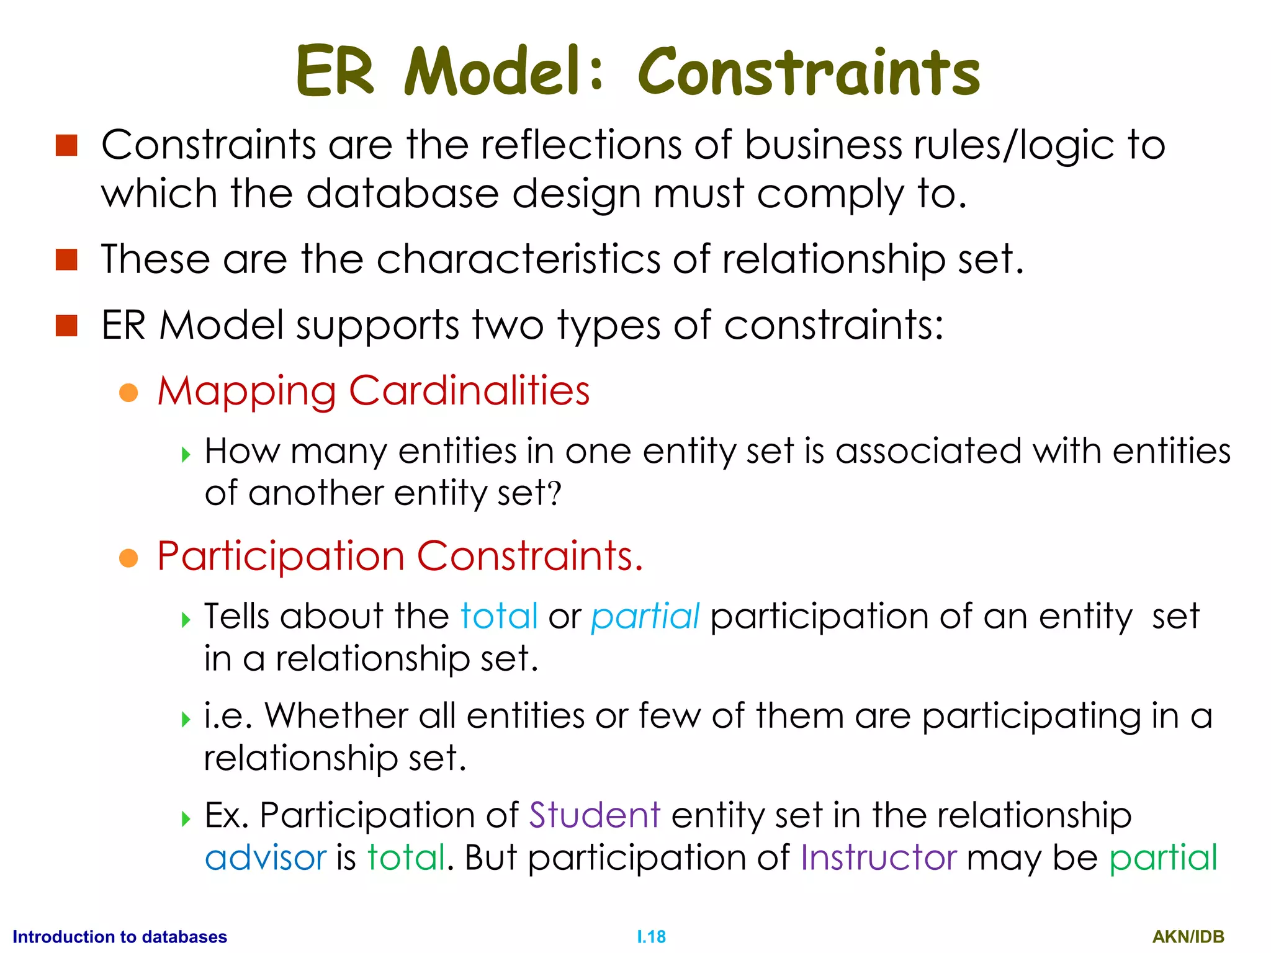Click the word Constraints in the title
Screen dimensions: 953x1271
click(808, 73)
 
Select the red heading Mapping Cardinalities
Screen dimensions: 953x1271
click(373, 391)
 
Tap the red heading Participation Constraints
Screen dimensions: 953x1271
click(400, 555)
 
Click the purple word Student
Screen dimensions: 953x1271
click(594, 815)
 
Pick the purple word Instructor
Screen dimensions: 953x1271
click(878, 857)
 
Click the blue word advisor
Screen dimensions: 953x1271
click(266, 857)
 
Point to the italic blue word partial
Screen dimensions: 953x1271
click(645, 617)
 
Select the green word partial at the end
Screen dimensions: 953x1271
click(1163, 857)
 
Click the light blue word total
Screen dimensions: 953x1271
click(499, 616)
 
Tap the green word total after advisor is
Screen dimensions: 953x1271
click(406, 857)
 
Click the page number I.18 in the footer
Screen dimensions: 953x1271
click(651, 936)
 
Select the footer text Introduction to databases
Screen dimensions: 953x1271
click(120, 936)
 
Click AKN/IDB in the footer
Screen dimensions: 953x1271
click(1188, 936)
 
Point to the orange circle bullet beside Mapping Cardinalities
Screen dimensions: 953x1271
click(128, 392)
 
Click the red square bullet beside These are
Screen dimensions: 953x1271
click(66, 259)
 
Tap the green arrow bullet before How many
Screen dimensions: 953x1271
click(186, 455)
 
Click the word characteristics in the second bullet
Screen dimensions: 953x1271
click(518, 259)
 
